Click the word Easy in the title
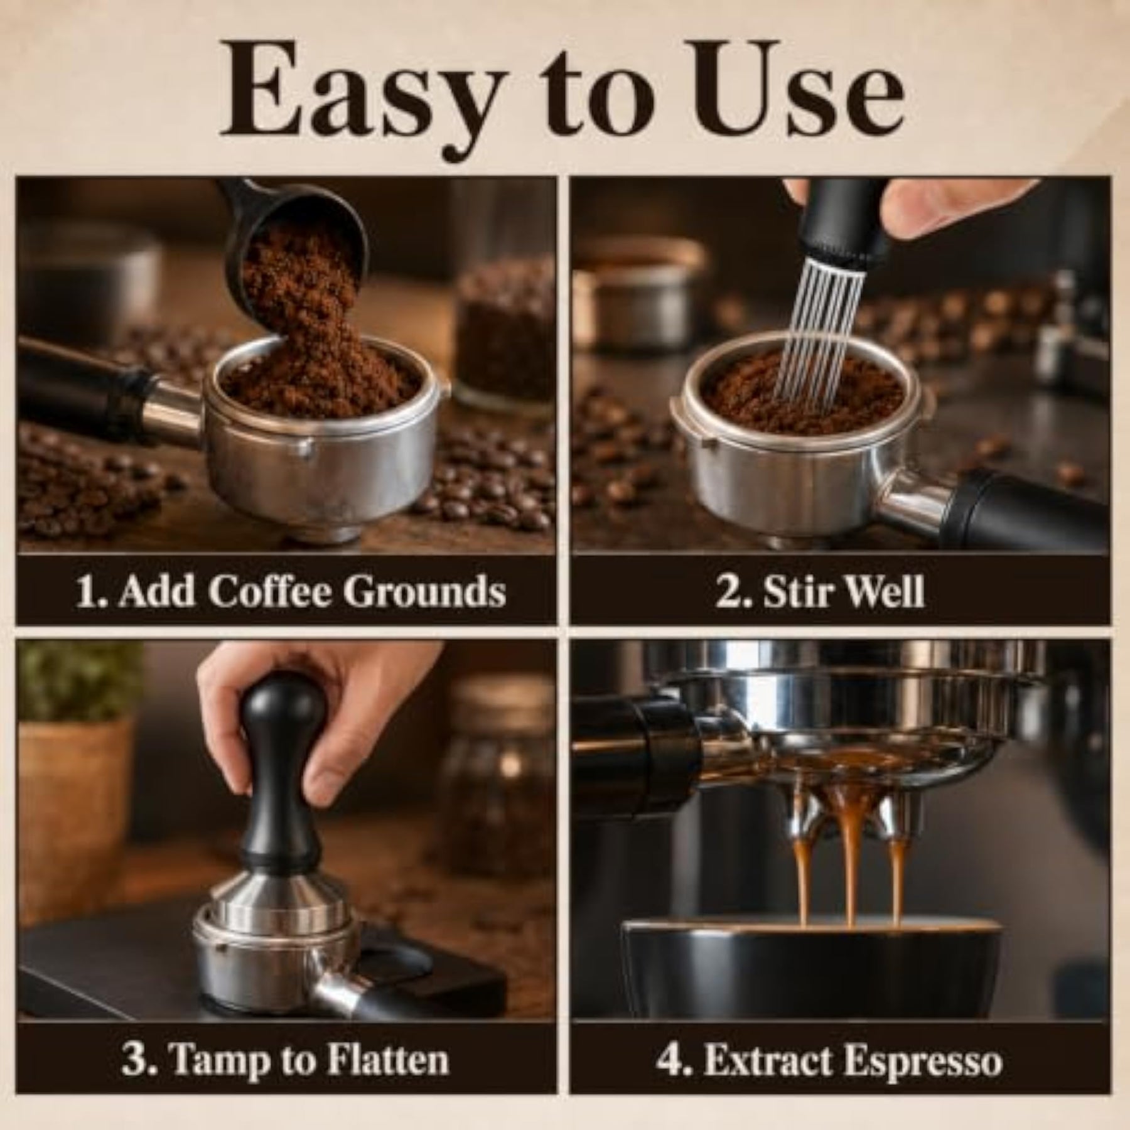pyautogui.click(x=354, y=94)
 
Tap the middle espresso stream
pyautogui.click(x=850, y=866)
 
